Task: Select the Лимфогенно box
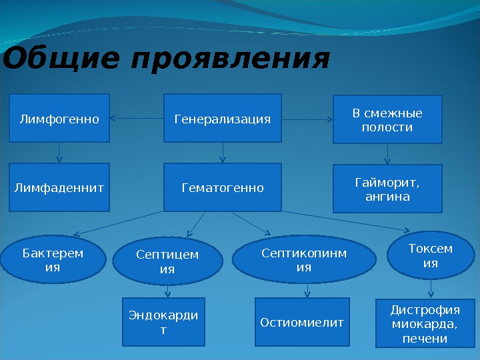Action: click(x=59, y=119)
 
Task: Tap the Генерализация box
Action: click(x=223, y=119)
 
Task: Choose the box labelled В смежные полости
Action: click(x=387, y=120)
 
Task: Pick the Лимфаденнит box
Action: click(x=59, y=188)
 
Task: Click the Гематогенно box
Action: click(x=223, y=188)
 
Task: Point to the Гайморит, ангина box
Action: click(x=387, y=189)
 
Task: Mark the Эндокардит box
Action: click(x=163, y=322)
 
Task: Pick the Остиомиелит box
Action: click(x=303, y=323)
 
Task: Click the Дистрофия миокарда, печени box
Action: click(x=425, y=324)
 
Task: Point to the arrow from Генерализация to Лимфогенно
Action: click(x=137, y=119)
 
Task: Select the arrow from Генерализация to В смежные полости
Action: click(x=307, y=119)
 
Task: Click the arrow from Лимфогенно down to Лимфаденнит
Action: click(x=59, y=153)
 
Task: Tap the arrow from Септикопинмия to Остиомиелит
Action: click(x=307, y=291)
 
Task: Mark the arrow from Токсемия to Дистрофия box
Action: click(x=431, y=289)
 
